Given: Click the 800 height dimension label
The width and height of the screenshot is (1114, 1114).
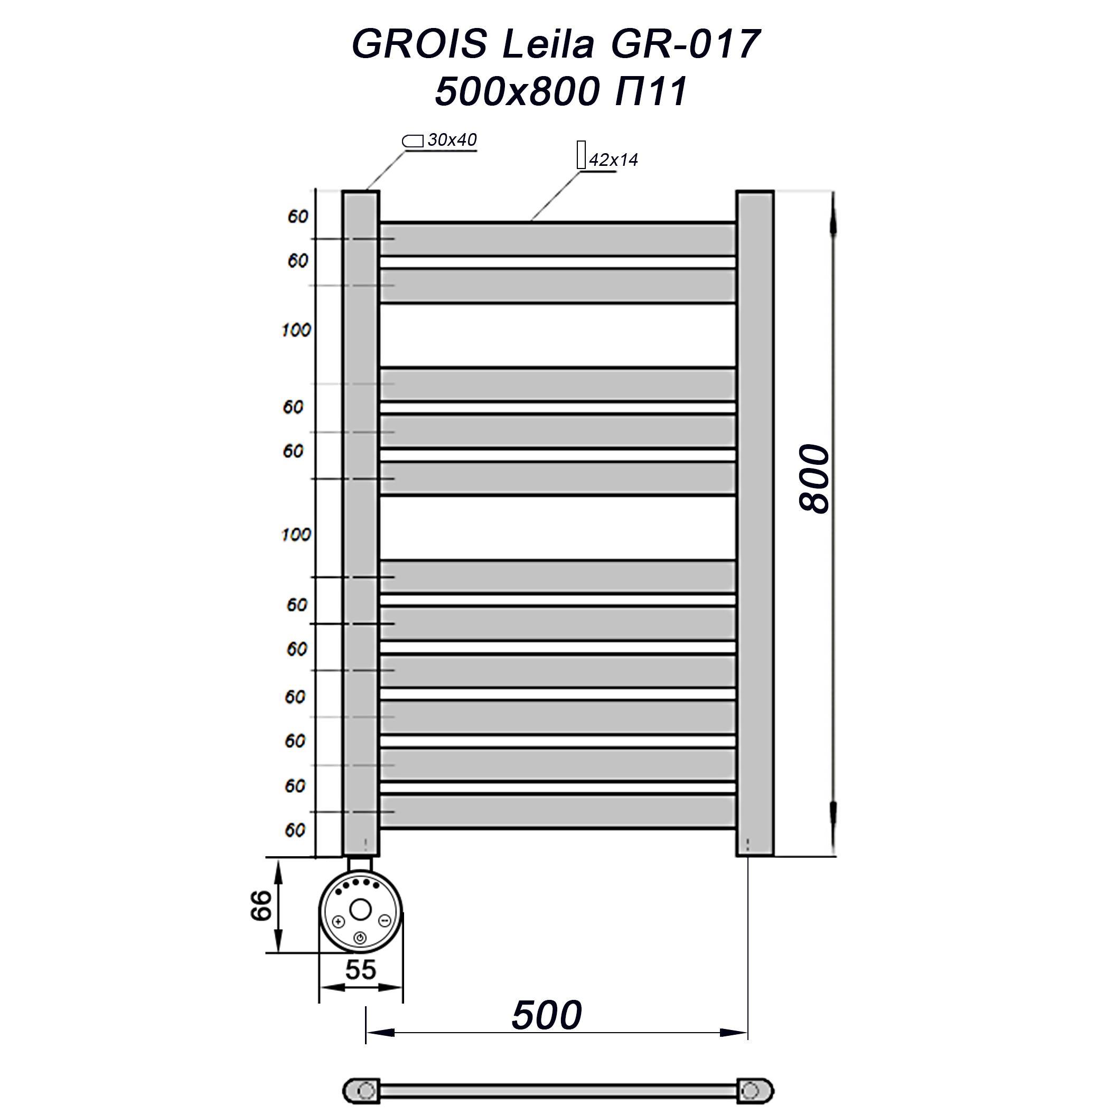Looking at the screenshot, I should (815, 479).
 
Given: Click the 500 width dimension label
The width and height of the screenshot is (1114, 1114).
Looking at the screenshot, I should (547, 1015).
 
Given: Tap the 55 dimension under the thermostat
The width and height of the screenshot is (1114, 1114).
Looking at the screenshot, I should (360, 970).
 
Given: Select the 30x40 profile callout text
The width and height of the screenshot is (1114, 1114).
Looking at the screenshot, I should (452, 140).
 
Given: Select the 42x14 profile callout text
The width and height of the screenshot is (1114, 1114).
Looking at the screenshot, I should (613, 160).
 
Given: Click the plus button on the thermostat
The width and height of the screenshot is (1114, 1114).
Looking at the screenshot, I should (339, 921).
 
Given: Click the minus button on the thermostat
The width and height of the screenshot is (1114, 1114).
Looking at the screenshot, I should (385, 920).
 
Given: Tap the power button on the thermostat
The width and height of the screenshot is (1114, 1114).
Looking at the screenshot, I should (360, 938).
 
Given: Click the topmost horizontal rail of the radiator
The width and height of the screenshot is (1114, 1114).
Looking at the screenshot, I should (557, 239).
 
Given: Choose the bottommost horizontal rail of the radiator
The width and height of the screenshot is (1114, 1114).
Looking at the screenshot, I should (557, 812).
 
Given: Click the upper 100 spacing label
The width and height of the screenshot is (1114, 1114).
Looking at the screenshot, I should (296, 330).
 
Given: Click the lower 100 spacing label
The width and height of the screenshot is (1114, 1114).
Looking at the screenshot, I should (296, 535).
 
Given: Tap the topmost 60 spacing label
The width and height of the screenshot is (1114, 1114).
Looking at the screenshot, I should (298, 217).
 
